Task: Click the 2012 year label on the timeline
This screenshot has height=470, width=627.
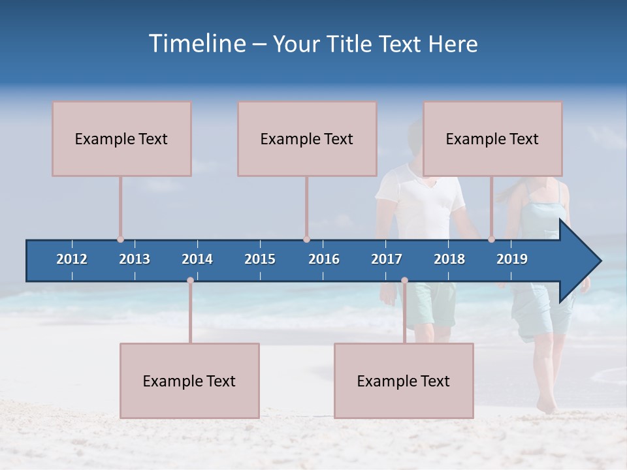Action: tap(72, 259)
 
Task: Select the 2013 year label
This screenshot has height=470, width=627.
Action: tap(135, 259)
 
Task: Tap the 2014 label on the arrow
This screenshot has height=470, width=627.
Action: tap(197, 259)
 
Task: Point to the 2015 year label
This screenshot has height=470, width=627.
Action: tap(260, 259)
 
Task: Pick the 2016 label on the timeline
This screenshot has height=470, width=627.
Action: tap(324, 259)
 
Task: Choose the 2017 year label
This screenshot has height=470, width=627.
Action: tap(387, 259)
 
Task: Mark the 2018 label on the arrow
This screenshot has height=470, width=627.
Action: tap(449, 259)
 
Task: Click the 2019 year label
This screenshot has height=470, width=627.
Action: tap(512, 259)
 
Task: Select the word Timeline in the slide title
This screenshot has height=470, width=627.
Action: tap(196, 44)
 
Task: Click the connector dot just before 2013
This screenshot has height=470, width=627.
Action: tap(120, 240)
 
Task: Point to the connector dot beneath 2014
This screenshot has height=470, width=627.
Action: tap(190, 281)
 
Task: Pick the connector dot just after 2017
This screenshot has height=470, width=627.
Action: tap(404, 281)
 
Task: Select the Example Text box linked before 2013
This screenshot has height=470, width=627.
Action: tap(121, 138)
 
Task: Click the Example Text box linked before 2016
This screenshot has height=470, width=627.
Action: tap(307, 138)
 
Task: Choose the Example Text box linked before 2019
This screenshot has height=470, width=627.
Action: tap(492, 138)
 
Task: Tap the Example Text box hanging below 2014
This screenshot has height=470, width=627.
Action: tap(189, 381)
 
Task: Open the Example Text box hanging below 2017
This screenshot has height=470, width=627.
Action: tap(404, 381)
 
